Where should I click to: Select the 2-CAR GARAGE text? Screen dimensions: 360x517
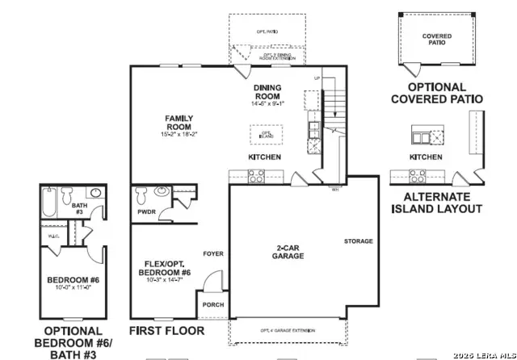pyautogui.click(x=288, y=252)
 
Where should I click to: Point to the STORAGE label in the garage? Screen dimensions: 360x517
pyautogui.click(x=358, y=241)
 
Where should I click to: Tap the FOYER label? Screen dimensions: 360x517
pyautogui.click(x=213, y=253)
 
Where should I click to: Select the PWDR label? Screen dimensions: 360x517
pyautogui.click(x=146, y=212)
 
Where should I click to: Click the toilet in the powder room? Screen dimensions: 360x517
pyautogui.click(x=141, y=195)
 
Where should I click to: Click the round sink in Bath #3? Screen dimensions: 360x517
pyautogui.click(x=95, y=193)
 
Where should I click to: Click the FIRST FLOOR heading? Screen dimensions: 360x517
pyautogui.click(x=167, y=331)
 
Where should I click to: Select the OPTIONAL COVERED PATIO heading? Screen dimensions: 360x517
pyautogui.click(x=437, y=93)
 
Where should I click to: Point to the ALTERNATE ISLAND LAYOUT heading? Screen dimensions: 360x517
pyautogui.click(x=437, y=203)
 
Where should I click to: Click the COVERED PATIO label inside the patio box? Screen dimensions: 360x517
pyautogui.click(x=437, y=40)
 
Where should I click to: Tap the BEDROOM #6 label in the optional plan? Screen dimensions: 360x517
pyautogui.click(x=72, y=281)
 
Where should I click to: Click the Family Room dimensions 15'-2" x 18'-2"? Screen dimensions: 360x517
pyautogui.click(x=178, y=133)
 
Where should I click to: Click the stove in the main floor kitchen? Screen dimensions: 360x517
pyautogui.click(x=256, y=175)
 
